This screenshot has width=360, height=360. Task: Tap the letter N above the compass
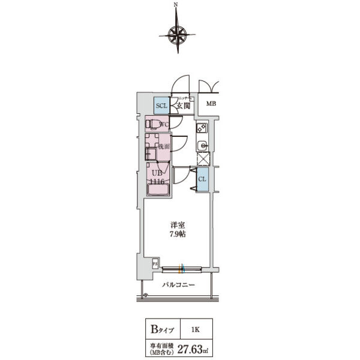point(176,5)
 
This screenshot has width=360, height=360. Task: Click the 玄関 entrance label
point(183,106)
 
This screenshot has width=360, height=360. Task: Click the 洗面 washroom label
point(164,146)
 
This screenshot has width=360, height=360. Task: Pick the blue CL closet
point(202,179)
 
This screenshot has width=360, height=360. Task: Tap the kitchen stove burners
point(202,128)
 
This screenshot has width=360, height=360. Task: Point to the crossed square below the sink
point(203,159)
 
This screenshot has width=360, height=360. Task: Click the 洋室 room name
point(177,225)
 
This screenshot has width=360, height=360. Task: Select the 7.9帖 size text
point(177,235)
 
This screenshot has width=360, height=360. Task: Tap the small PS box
point(155,263)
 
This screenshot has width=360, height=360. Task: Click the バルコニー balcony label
point(178,286)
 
